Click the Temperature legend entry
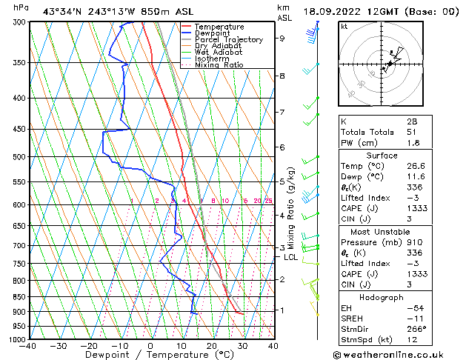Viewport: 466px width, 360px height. [215, 27]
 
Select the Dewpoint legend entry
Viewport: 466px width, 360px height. [210, 33]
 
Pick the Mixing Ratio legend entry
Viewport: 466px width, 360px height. [219, 65]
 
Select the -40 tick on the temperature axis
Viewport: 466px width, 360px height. [28, 346]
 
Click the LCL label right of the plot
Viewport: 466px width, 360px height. [290, 257]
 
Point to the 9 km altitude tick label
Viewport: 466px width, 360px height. [282, 38]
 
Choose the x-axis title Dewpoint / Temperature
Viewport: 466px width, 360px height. [151, 355]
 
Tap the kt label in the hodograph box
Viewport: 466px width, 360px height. [344, 26]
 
